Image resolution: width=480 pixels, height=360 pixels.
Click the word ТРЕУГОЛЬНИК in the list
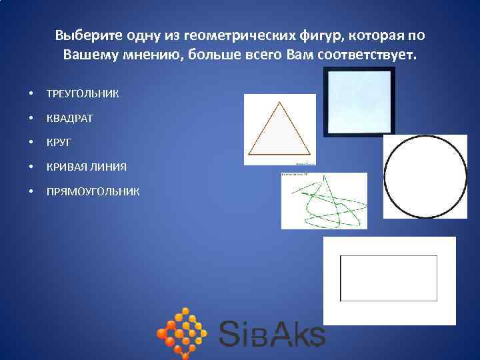(83, 94)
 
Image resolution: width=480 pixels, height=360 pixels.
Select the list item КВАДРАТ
(70, 118)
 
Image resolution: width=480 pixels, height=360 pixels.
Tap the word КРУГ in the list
(59, 142)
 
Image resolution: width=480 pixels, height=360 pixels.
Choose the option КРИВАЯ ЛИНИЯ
(86, 167)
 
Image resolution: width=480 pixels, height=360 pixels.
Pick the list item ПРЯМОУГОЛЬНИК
(93, 191)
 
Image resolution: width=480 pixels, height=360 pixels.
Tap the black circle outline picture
(425, 177)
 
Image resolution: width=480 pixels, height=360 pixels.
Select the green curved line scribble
(324, 201)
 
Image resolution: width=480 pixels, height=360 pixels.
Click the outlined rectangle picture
(389, 279)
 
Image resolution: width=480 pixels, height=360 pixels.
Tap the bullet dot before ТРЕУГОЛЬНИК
(32, 94)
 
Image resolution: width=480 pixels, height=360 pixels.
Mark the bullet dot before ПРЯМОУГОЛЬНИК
(32, 192)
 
